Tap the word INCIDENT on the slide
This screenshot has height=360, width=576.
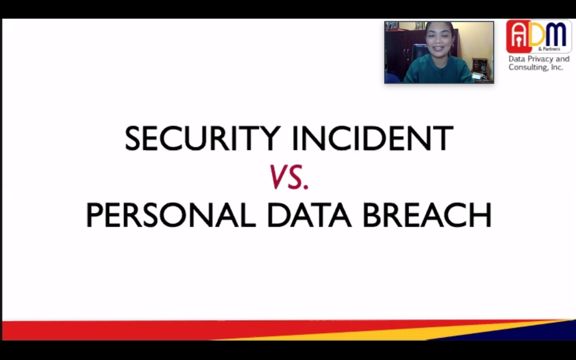click(373, 138)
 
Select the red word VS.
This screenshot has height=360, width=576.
click(289, 177)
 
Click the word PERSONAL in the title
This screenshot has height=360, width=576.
click(170, 215)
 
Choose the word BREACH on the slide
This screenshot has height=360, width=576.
click(427, 215)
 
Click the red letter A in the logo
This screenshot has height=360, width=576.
click(518, 37)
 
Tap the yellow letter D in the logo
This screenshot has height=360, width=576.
click(538, 35)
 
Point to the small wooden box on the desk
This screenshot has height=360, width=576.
click(480, 65)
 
